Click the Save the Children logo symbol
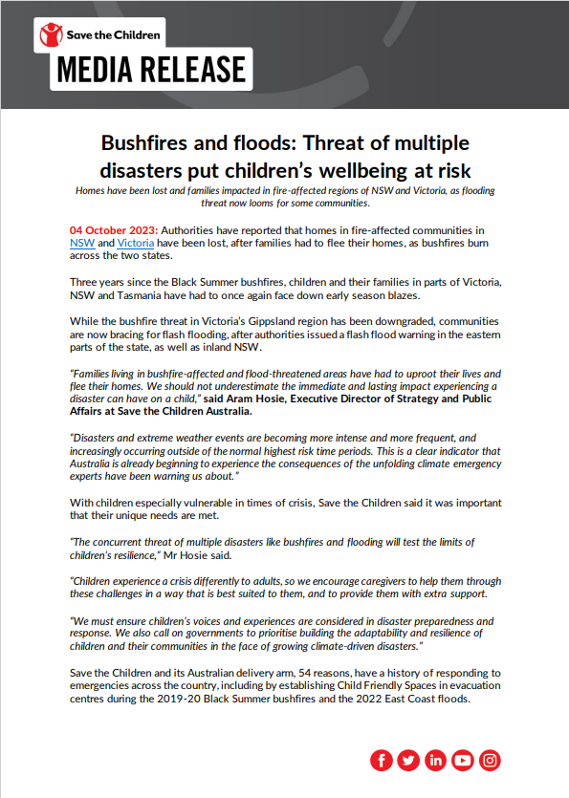coord(49,35)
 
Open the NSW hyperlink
coord(82,244)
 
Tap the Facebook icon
coord(382,761)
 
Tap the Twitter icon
coord(408,761)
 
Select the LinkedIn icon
coord(436,761)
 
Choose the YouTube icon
coord(463,761)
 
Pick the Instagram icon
coord(491,761)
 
